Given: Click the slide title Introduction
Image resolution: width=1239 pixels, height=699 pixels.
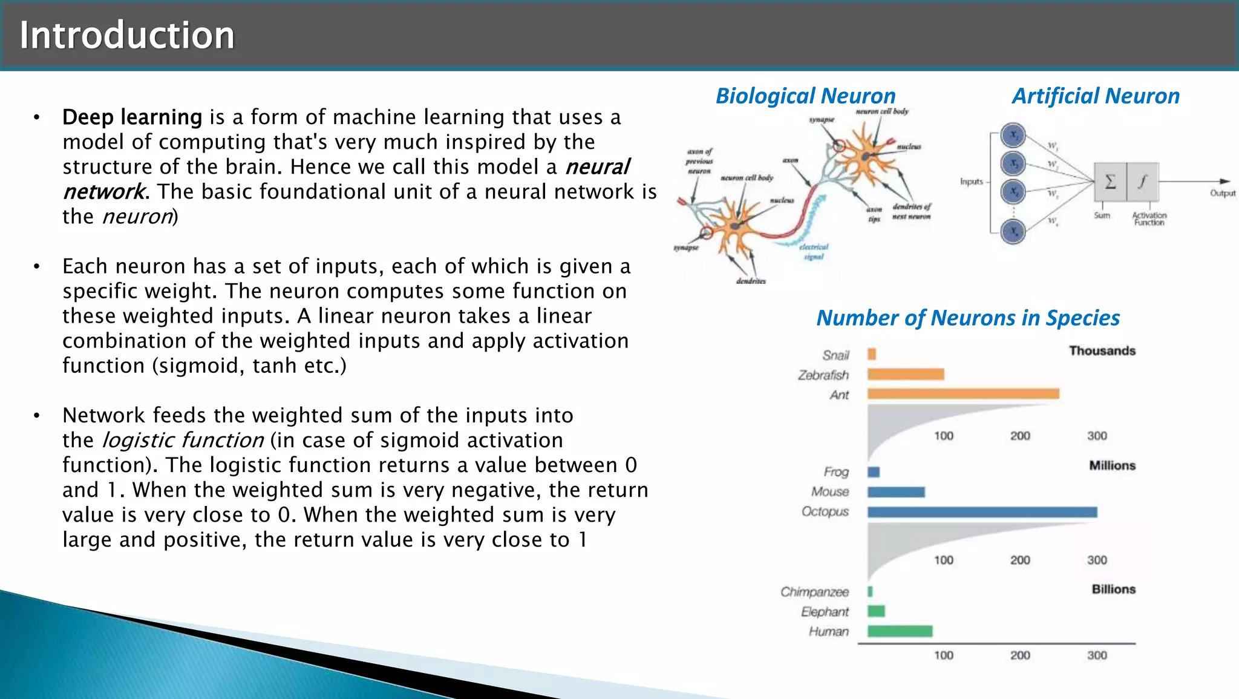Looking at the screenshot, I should (126, 35).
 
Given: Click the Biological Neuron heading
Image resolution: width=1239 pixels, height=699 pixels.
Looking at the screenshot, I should (805, 96).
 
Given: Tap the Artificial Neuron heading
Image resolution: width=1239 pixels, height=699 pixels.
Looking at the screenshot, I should (1096, 96).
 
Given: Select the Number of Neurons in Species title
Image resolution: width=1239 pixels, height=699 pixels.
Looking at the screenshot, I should (968, 318).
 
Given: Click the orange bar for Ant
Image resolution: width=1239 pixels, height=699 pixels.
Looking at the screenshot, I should (963, 394).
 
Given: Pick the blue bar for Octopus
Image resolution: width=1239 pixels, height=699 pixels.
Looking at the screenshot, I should (982, 512).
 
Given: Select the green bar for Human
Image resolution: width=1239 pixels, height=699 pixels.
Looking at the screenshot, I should (900, 631).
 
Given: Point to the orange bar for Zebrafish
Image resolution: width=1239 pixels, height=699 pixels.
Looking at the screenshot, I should (906, 374).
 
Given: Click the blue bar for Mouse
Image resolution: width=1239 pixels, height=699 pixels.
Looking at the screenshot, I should (896, 492).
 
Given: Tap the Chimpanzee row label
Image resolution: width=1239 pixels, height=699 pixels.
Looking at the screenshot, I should (814, 592).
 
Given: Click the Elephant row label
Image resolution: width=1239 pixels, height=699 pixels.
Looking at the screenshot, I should (825, 612).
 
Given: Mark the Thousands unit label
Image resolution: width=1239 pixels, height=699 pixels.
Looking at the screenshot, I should (1102, 351).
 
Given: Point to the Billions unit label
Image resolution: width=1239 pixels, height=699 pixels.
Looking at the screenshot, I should (1113, 589).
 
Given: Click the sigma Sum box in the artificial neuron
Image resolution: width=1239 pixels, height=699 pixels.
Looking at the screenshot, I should (1110, 182).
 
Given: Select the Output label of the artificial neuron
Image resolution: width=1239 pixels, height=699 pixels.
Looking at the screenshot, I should (1222, 193).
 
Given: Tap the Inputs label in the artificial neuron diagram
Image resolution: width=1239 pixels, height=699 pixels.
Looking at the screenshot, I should (971, 182).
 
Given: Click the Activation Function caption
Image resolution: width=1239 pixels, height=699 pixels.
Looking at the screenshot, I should (1149, 218).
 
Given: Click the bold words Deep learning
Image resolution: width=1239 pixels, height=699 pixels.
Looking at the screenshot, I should (132, 117).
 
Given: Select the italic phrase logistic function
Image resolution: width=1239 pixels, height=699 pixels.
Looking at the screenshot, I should (183, 440).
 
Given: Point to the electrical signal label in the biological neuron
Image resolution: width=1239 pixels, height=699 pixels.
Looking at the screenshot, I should (814, 252).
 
